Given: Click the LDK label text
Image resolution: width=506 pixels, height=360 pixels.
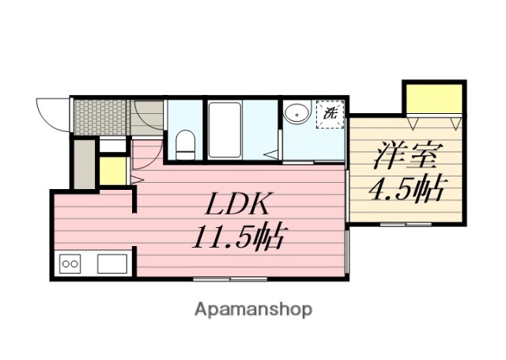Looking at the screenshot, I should tap(239, 205).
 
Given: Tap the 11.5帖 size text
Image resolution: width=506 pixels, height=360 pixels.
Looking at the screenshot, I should tap(236, 235).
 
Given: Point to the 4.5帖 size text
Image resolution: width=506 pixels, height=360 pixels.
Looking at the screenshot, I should tap(406, 189).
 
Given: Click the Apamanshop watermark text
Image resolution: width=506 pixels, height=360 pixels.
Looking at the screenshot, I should tap(253, 308).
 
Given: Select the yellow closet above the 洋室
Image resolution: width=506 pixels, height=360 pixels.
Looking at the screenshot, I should tap(432, 98).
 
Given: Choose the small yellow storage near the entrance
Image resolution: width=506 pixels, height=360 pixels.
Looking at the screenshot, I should tap(115, 170).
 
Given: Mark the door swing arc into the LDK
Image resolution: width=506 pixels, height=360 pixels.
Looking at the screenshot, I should tap(145, 155).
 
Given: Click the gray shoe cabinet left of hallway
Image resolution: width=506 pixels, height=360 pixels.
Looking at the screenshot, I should tap(83, 164).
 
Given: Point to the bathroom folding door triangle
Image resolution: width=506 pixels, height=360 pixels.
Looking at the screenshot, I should tap(273, 153).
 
